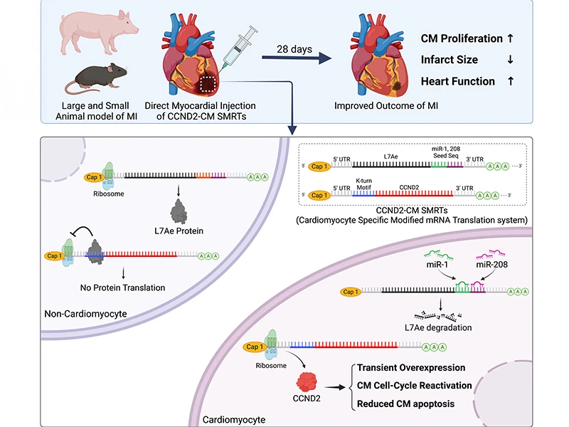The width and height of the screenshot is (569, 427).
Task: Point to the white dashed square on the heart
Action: click(209, 85)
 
